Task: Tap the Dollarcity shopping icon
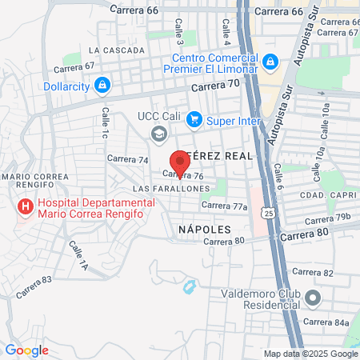tap(102, 84)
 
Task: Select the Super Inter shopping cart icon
tap(194, 120)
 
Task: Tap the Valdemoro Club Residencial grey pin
tap(312, 298)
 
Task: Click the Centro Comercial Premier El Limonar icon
tap(270, 61)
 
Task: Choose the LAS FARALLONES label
tap(170, 188)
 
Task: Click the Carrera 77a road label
tap(225, 206)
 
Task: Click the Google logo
tap(26, 350)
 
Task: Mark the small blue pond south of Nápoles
tap(190, 285)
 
